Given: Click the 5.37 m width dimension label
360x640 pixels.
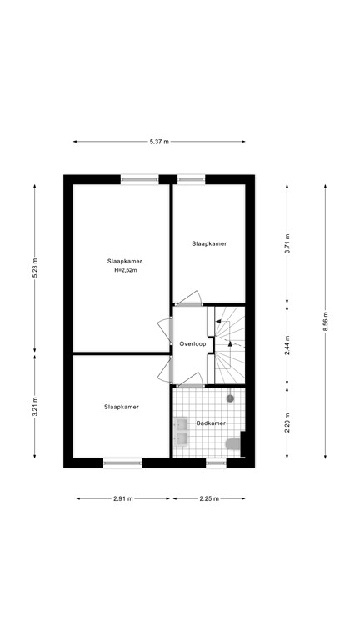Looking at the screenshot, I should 159,142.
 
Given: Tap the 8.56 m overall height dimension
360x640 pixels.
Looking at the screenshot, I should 325,319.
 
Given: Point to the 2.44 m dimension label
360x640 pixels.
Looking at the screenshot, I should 287,345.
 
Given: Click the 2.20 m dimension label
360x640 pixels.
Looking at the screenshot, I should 287,422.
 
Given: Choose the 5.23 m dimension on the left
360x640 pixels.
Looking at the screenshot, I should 35,267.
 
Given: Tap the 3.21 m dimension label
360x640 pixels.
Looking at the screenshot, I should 35,407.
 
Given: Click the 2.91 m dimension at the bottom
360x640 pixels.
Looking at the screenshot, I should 124,499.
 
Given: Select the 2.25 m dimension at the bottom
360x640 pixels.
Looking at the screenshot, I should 209,499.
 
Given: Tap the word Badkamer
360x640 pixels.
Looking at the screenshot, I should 211,423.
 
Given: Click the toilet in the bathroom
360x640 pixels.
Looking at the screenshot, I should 237,446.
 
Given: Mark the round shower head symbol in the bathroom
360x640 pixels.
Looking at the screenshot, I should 231,397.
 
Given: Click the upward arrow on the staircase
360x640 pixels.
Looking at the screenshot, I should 228,343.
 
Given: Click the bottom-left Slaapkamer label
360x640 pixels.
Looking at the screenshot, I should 122,407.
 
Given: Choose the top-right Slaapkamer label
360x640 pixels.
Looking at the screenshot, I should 209,244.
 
